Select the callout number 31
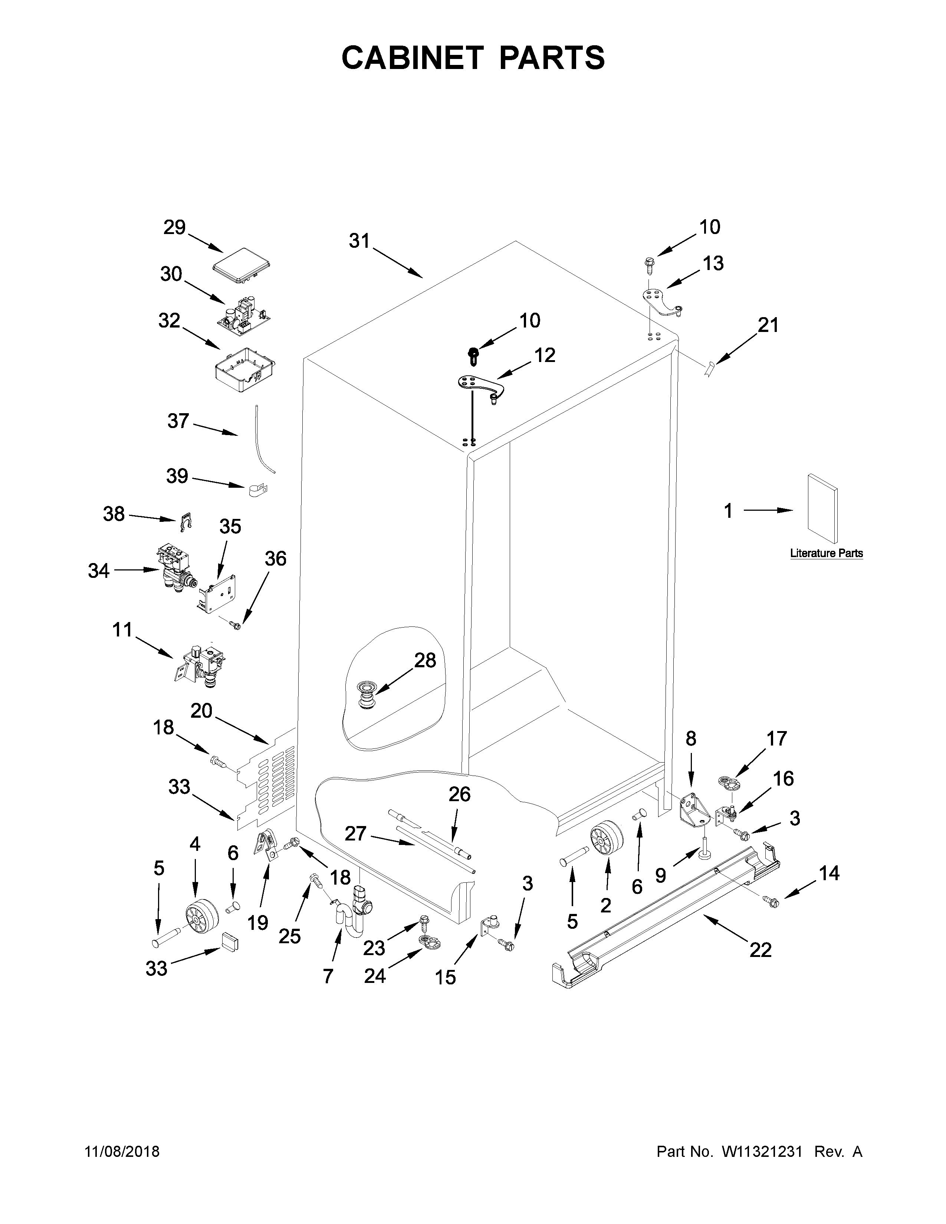click(x=359, y=241)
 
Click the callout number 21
click(x=768, y=325)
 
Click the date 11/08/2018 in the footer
click(x=122, y=1152)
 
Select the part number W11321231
click(x=762, y=1152)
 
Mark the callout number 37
click(x=178, y=421)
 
